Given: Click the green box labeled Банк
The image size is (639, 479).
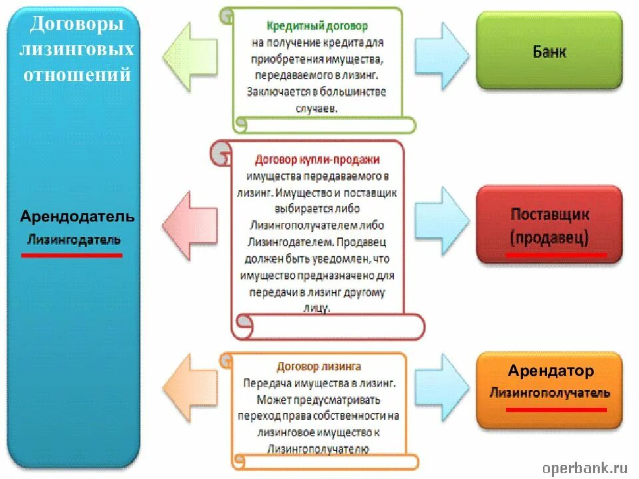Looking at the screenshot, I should pyautogui.click(x=549, y=51).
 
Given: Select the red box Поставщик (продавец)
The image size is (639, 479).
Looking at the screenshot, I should pyautogui.click(x=549, y=225).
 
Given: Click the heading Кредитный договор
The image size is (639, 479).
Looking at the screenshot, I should pyautogui.click(x=317, y=27).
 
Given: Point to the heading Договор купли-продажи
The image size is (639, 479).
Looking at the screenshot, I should pyautogui.click(x=317, y=160).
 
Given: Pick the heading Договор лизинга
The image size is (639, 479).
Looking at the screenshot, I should pyautogui.click(x=319, y=367).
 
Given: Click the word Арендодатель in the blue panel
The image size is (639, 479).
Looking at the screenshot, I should pyautogui.click(x=77, y=217).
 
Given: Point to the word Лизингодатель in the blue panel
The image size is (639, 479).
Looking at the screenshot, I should pyautogui.click(x=74, y=239).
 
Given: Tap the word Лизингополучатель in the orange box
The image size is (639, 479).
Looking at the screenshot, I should pyautogui.click(x=550, y=393).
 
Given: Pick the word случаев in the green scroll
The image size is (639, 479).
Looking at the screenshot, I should pyautogui.click(x=316, y=106).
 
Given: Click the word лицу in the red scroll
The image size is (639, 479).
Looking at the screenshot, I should pyautogui.click(x=319, y=309).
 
